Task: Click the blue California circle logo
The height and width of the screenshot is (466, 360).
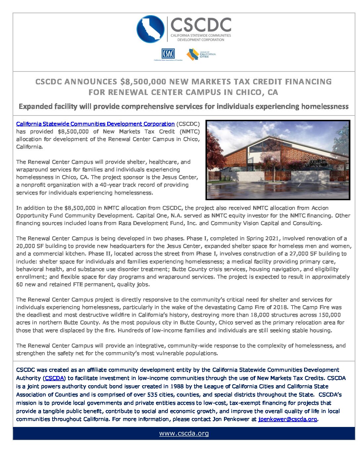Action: pos(151,29)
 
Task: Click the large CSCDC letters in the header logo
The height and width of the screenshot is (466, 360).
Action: pos(201,25)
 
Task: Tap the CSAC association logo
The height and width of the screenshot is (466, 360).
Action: pos(168,54)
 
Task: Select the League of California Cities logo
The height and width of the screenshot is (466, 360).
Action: pos(201,54)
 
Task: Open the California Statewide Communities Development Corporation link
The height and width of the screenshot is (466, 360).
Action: pos(95,124)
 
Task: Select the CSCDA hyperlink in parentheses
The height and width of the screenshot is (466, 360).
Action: pos(54,378)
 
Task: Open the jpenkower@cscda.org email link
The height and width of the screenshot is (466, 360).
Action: pos(288,419)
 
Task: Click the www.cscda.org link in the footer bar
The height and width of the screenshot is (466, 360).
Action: pos(184,433)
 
